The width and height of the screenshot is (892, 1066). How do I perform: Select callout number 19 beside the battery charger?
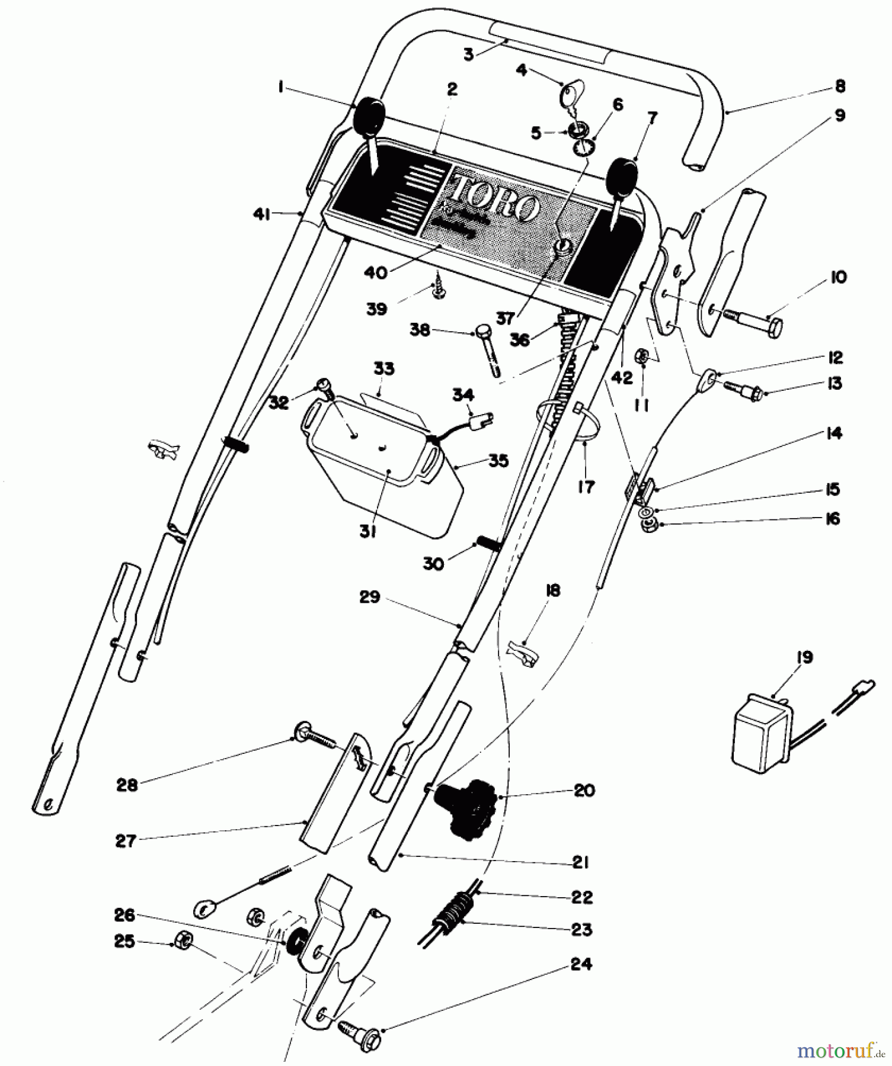click(x=804, y=657)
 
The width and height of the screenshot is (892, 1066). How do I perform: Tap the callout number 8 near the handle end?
click(x=839, y=86)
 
